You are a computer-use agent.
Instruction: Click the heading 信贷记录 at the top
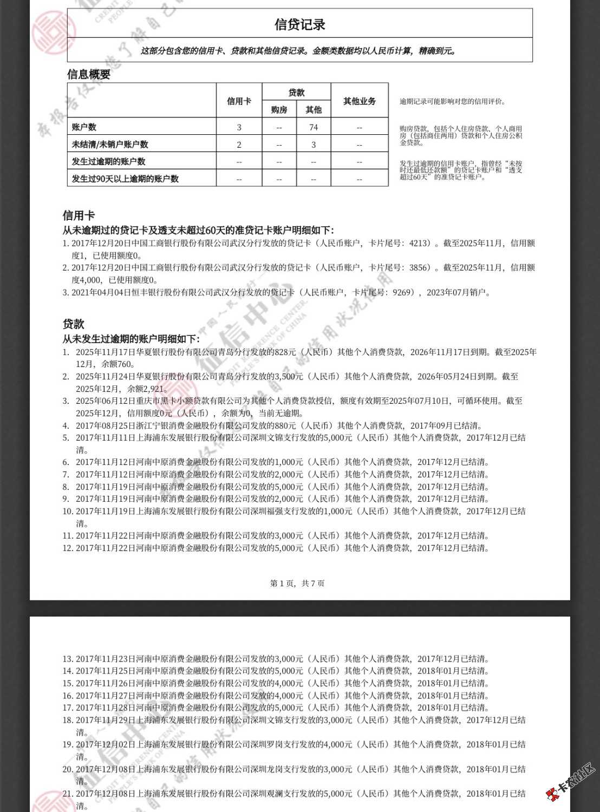pyautogui.click(x=299, y=24)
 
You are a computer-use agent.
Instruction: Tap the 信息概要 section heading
pyautogui.click(x=89, y=75)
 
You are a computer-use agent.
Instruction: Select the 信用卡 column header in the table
pyautogui.click(x=239, y=101)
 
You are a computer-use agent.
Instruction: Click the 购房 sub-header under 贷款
pyautogui.click(x=279, y=110)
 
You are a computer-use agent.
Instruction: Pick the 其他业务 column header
pyautogui.click(x=360, y=101)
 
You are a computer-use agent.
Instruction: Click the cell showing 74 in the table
pyautogui.click(x=314, y=127)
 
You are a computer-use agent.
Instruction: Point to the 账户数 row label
pyautogui.click(x=84, y=127)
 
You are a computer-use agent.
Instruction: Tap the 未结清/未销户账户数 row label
pyautogui.click(x=110, y=145)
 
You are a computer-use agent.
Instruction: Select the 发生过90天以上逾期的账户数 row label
pyautogui.click(x=125, y=179)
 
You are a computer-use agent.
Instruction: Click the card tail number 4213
pyautogui.click(x=419, y=243)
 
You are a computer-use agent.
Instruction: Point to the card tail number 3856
pyautogui.click(x=419, y=267)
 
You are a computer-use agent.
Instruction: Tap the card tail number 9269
pyautogui.click(x=402, y=292)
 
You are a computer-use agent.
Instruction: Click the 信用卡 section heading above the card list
pyautogui.click(x=79, y=215)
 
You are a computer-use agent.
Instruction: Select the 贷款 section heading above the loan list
pyautogui.click(x=73, y=324)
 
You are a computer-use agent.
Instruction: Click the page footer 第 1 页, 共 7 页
pyautogui.click(x=297, y=583)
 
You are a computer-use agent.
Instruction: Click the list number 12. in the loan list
pyautogui.click(x=67, y=548)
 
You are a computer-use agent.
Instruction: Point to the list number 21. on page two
pyautogui.click(x=67, y=794)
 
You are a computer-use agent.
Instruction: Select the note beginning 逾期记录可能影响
pyautogui.click(x=453, y=101)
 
